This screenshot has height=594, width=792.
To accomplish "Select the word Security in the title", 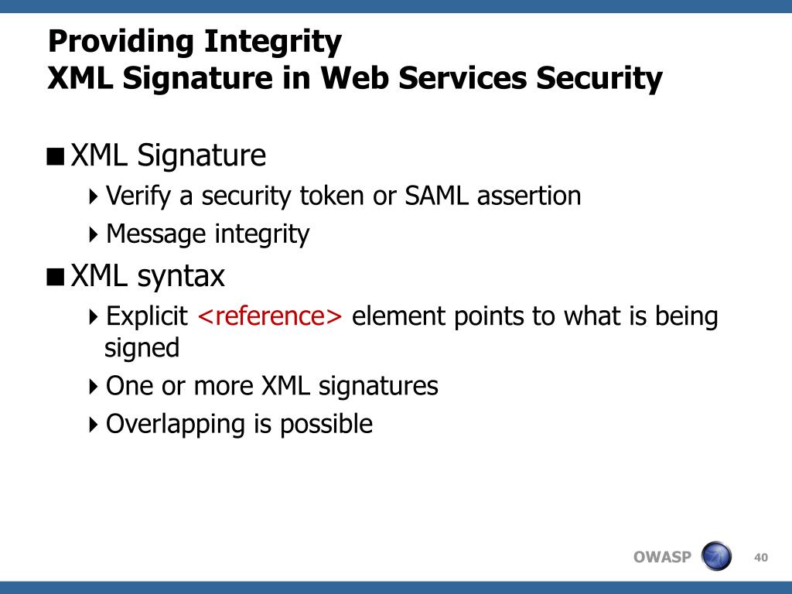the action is point(599,80).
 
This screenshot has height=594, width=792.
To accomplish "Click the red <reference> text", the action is point(270,316).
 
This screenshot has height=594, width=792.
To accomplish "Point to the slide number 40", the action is point(761,557).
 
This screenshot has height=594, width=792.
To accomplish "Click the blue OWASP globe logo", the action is point(716,555).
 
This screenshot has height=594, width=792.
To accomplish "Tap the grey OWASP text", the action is point(662,557).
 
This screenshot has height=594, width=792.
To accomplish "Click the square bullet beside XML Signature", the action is point(56,156).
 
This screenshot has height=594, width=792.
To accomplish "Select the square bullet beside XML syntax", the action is point(56,278).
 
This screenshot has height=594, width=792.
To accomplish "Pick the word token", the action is point(332,196).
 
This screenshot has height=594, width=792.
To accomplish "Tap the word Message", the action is point(156,234).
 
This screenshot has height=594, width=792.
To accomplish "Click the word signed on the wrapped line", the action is point(142,349).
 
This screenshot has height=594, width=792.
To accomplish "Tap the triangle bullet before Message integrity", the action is point(93,234).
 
